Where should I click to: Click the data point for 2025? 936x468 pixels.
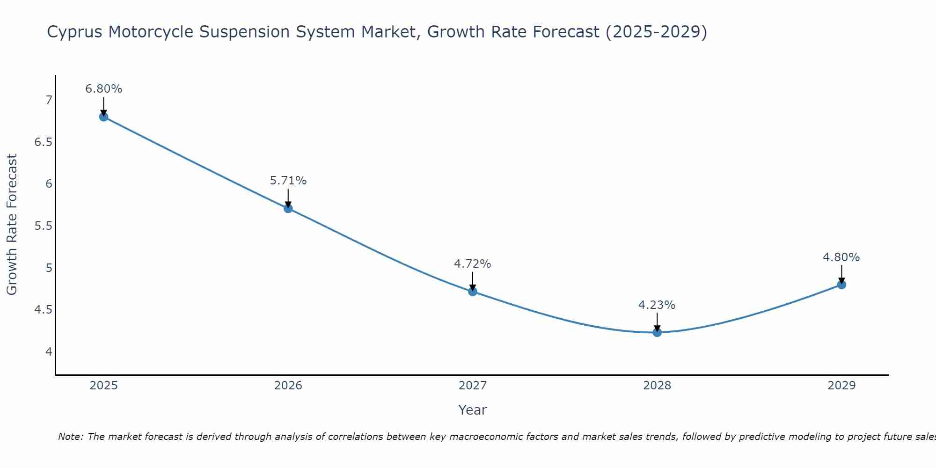(x=104, y=117)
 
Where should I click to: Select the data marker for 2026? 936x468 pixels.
(x=288, y=208)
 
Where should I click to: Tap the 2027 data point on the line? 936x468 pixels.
(x=473, y=292)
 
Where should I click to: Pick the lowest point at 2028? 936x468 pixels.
(x=657, y=332)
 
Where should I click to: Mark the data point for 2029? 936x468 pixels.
(x=841, y=285)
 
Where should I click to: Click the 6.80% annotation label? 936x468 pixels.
(x=104, y=89)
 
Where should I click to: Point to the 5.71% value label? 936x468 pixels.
(x=288, y=181)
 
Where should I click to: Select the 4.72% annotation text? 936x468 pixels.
(x=473, y=264)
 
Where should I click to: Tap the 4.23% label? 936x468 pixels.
(x=657, y=305)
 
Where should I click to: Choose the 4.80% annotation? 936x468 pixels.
(x=841, y=257)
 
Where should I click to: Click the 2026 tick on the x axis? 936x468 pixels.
(x=288, y=386)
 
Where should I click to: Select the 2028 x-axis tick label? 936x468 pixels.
(x=657, y=386)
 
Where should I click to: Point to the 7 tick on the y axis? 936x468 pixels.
(x=49, y=100)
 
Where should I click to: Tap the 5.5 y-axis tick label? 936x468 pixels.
(x=44, y=226)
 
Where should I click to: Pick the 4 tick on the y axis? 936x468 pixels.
(x=49, y=351)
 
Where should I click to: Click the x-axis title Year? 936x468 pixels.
(x=473, y=410)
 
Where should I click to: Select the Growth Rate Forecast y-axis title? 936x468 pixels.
(x=12, y=225)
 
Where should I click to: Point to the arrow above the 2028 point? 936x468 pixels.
(x=657, y=322)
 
